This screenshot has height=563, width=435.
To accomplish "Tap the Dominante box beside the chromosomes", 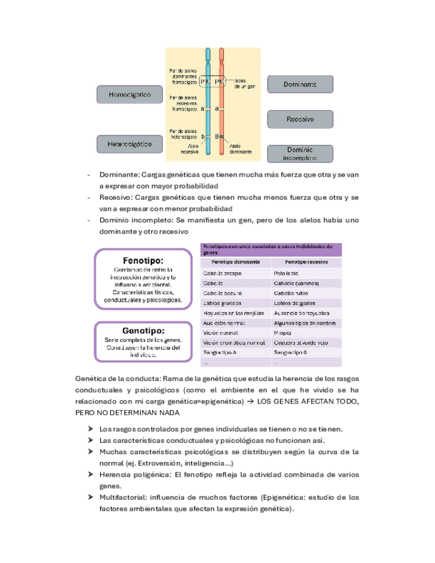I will [x=300, y=84].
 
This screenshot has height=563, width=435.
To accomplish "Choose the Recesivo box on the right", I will [x=300, y=119].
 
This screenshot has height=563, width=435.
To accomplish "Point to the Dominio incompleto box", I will [x=300, y=153].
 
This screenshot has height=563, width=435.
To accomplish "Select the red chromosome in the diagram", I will [x=221, y=100].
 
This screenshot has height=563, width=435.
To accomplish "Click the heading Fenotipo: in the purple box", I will [x=143, y=260].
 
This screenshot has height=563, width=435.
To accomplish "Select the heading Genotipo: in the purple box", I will [x=143, y=330].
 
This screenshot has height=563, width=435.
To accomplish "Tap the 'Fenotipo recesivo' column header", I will [x=307, y=262].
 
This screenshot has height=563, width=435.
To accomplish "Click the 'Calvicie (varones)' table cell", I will [x=296, y=283].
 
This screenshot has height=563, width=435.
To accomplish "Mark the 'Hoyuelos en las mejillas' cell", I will [x=230, y=313].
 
